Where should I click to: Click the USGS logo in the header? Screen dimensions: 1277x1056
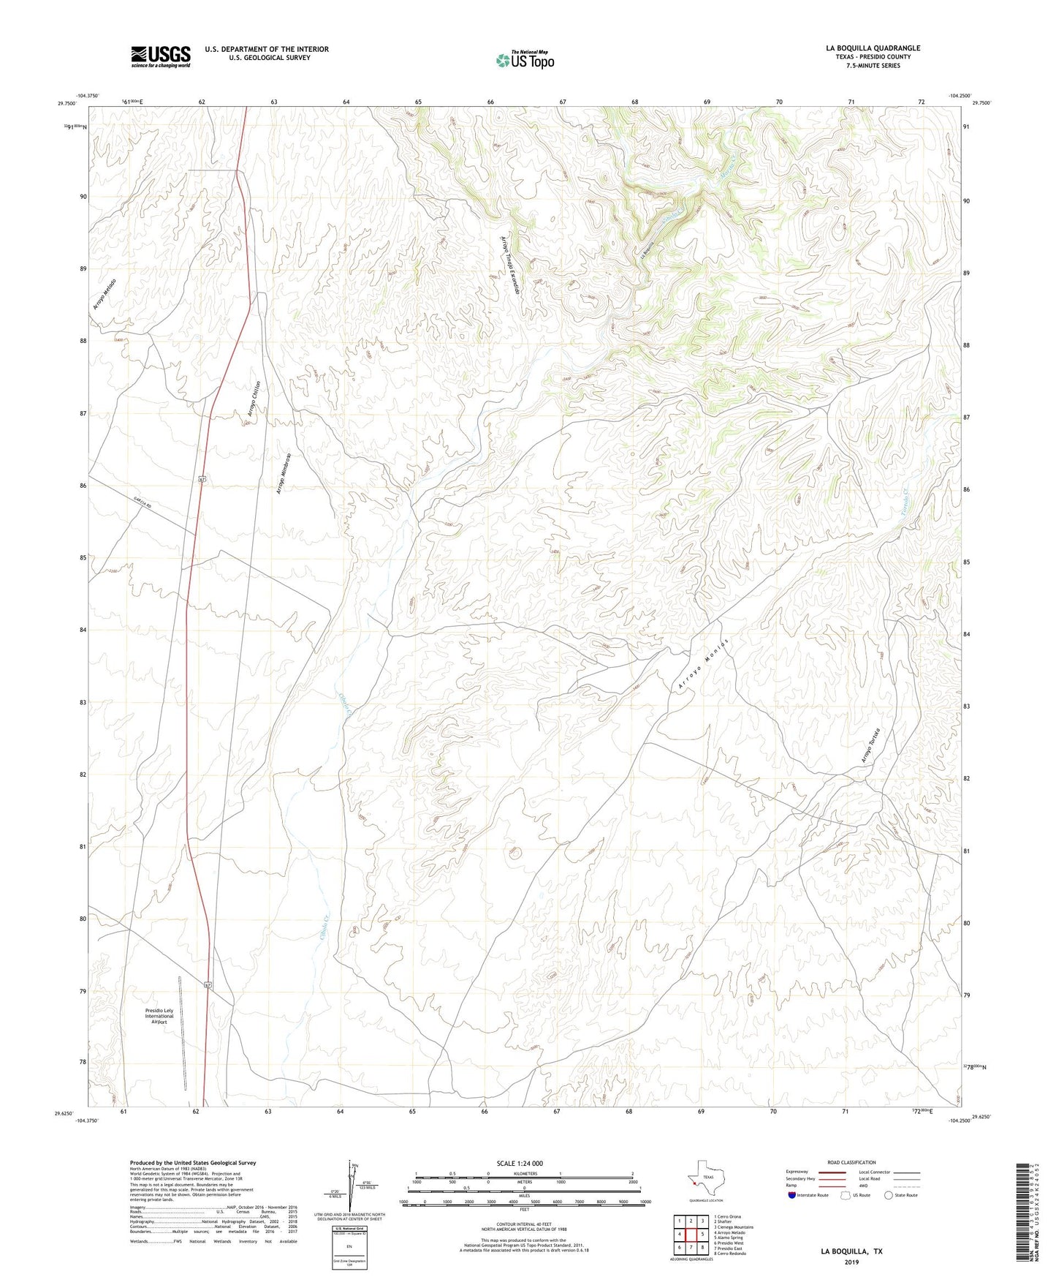[161, 56]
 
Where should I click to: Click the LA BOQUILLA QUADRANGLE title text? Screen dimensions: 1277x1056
[873, 48]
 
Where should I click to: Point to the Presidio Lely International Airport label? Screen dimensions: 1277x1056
[159, 1016]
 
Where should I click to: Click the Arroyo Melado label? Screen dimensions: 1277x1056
[105, 294]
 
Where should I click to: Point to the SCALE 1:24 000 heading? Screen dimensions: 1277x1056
[520, 1163]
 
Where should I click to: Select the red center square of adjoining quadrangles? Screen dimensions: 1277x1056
[691, 1235]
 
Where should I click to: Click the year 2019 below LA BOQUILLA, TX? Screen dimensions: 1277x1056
[851, 1262]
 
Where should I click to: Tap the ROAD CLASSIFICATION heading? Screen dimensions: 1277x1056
[851, 1162]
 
